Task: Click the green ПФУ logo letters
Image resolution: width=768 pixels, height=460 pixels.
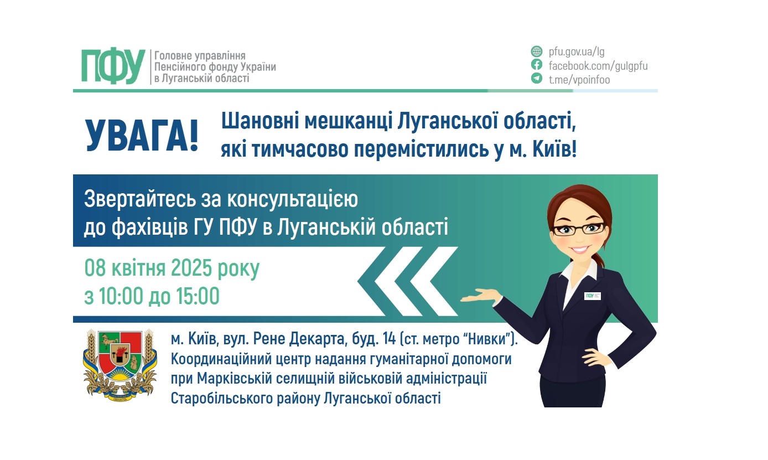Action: click(113, 66)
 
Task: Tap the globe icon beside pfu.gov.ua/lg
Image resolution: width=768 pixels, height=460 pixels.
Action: click(536, 52)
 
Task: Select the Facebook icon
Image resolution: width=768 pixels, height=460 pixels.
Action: click(536, 65)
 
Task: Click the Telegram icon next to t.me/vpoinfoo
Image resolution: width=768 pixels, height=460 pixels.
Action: click(536, 79)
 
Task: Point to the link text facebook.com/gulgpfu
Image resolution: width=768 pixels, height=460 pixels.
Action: click(598, 66)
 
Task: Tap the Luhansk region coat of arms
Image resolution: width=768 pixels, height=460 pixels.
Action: click(116, 363)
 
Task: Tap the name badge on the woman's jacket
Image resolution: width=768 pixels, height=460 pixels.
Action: click(593, 295)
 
